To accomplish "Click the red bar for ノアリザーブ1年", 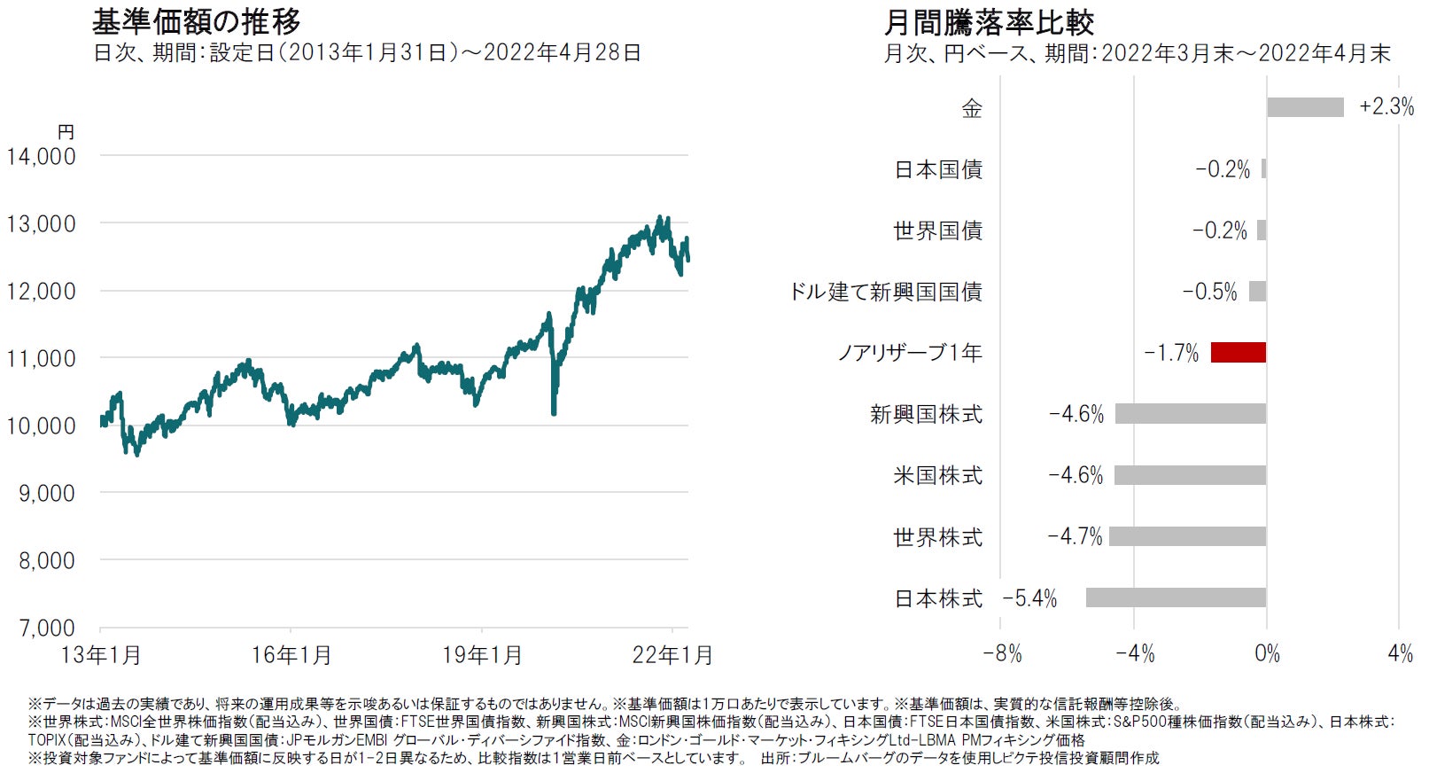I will pos(1238,353).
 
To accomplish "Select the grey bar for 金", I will pos(1305,107).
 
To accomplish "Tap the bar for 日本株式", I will pos(1176,597).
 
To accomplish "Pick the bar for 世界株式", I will pos(1187,536).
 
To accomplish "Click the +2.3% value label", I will pos(1386,107).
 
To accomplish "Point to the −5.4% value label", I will pos(1029,598).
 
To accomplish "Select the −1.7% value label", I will pos(1171,353).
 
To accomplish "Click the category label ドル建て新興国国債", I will pos(886,292).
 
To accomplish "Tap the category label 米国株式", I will pos(937,475).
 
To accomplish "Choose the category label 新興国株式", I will pos(926,414).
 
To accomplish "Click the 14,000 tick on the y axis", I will pos(42,156).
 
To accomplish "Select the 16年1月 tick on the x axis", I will pos(291,655).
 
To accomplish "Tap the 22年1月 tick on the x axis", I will pos(672,655).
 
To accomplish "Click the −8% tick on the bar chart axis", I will pos(1002,654).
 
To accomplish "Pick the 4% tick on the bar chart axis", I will pos(1400,654).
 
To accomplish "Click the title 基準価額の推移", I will pos(197,21).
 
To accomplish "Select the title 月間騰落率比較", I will pos(989,21).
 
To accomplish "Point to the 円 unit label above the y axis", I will pos(66,132).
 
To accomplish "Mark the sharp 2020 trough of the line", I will pos(554,412).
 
